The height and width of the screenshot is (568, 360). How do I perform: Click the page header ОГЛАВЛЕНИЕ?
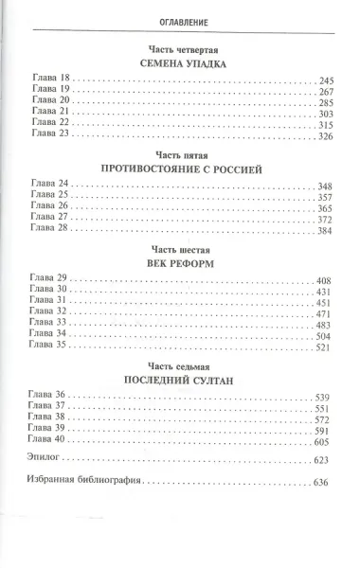tap(179, 20)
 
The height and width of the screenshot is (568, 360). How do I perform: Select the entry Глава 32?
tap(50, 313)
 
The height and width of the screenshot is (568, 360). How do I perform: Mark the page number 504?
tap(328, 337)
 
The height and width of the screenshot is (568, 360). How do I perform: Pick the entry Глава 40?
tap(50, 441)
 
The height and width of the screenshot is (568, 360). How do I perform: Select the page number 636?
tap(328, 482)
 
